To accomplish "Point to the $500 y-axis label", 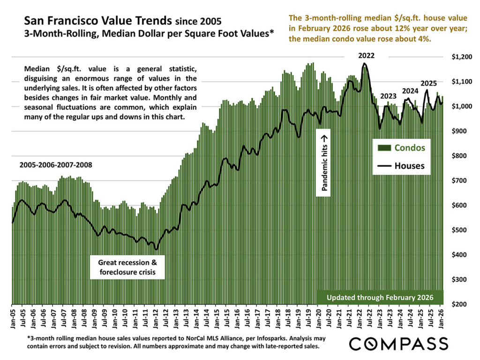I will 459,230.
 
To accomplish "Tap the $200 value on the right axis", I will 459,304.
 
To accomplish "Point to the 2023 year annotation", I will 388,96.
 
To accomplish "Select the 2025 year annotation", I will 428,83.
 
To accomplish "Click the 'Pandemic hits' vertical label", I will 324,162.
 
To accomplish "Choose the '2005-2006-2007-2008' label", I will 56,165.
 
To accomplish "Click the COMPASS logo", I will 398,343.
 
